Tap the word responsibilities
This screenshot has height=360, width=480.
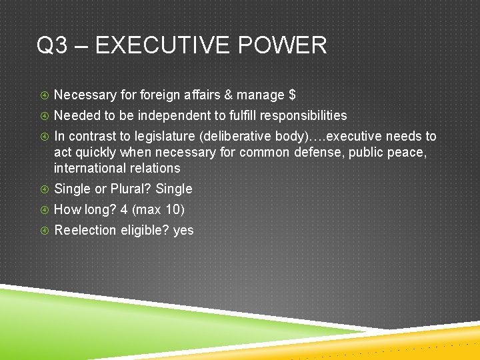point(303,115)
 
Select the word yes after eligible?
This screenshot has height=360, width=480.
point(183,230)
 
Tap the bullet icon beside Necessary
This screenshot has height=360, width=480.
point(43,95)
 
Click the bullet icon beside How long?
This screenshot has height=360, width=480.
point(43,210)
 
